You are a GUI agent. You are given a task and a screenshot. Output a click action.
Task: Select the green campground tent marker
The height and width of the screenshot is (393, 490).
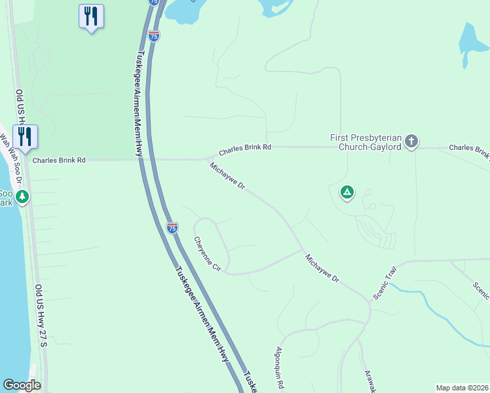click(x=347, y=193)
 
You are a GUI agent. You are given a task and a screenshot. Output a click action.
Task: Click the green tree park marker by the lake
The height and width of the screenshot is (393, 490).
click(x=22, y=196)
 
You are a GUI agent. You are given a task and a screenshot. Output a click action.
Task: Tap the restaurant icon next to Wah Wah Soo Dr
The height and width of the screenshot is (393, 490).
click(x=25, y=137)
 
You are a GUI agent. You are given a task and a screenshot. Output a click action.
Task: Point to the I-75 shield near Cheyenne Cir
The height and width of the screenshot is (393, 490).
click(x=172, y=227)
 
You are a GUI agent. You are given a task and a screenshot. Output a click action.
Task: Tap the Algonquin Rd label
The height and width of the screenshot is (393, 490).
click(x=280, y=367)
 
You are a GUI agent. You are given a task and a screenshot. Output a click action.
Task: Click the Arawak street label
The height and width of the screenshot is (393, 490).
click(x=368, y=381)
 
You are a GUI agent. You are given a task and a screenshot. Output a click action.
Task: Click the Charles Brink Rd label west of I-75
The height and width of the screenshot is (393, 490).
click(x=59, y=160)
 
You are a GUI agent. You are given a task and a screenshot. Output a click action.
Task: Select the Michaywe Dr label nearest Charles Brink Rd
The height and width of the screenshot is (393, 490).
click(x=227, y=176)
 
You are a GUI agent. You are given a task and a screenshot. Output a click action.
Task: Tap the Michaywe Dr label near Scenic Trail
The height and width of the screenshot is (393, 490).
click(x=322, y=269)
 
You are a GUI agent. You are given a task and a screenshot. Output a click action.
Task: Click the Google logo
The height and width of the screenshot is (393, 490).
click(x=22, y=385)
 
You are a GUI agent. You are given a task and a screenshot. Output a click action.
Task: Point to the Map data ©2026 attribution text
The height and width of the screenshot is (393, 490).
click(x=462, y=388)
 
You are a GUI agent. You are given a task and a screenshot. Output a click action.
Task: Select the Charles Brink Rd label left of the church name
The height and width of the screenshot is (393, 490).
click(x=244, y=149)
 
